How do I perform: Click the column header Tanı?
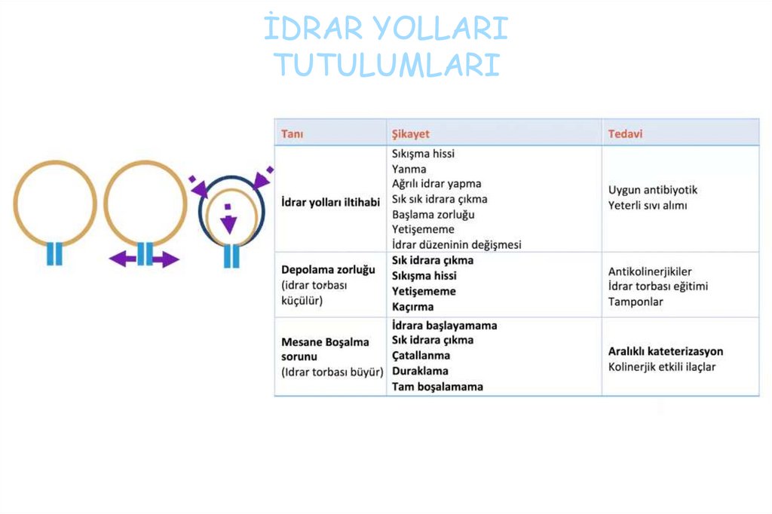click(293, 134)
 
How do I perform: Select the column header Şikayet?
click(411, 134)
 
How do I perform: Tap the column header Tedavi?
click(625, 134)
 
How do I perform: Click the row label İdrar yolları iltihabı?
click(330, 203)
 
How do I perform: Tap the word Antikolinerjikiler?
click(650, 271)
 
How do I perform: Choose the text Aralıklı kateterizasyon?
click(666, 351)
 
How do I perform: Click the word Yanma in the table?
click(409, 169)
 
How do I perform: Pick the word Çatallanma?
click(421, 355)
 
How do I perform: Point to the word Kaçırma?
click(413, 307)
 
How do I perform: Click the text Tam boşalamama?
click(438, 387)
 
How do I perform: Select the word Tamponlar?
click(635, 301)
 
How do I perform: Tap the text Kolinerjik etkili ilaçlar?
click(662, 367)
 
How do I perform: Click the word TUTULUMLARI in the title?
click(386, 65)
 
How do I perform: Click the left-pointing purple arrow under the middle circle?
click(122, 260)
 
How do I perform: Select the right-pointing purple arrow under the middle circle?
click(167, 260)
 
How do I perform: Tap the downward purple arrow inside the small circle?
click(228, 224)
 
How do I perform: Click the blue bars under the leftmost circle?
click(54, 254)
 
